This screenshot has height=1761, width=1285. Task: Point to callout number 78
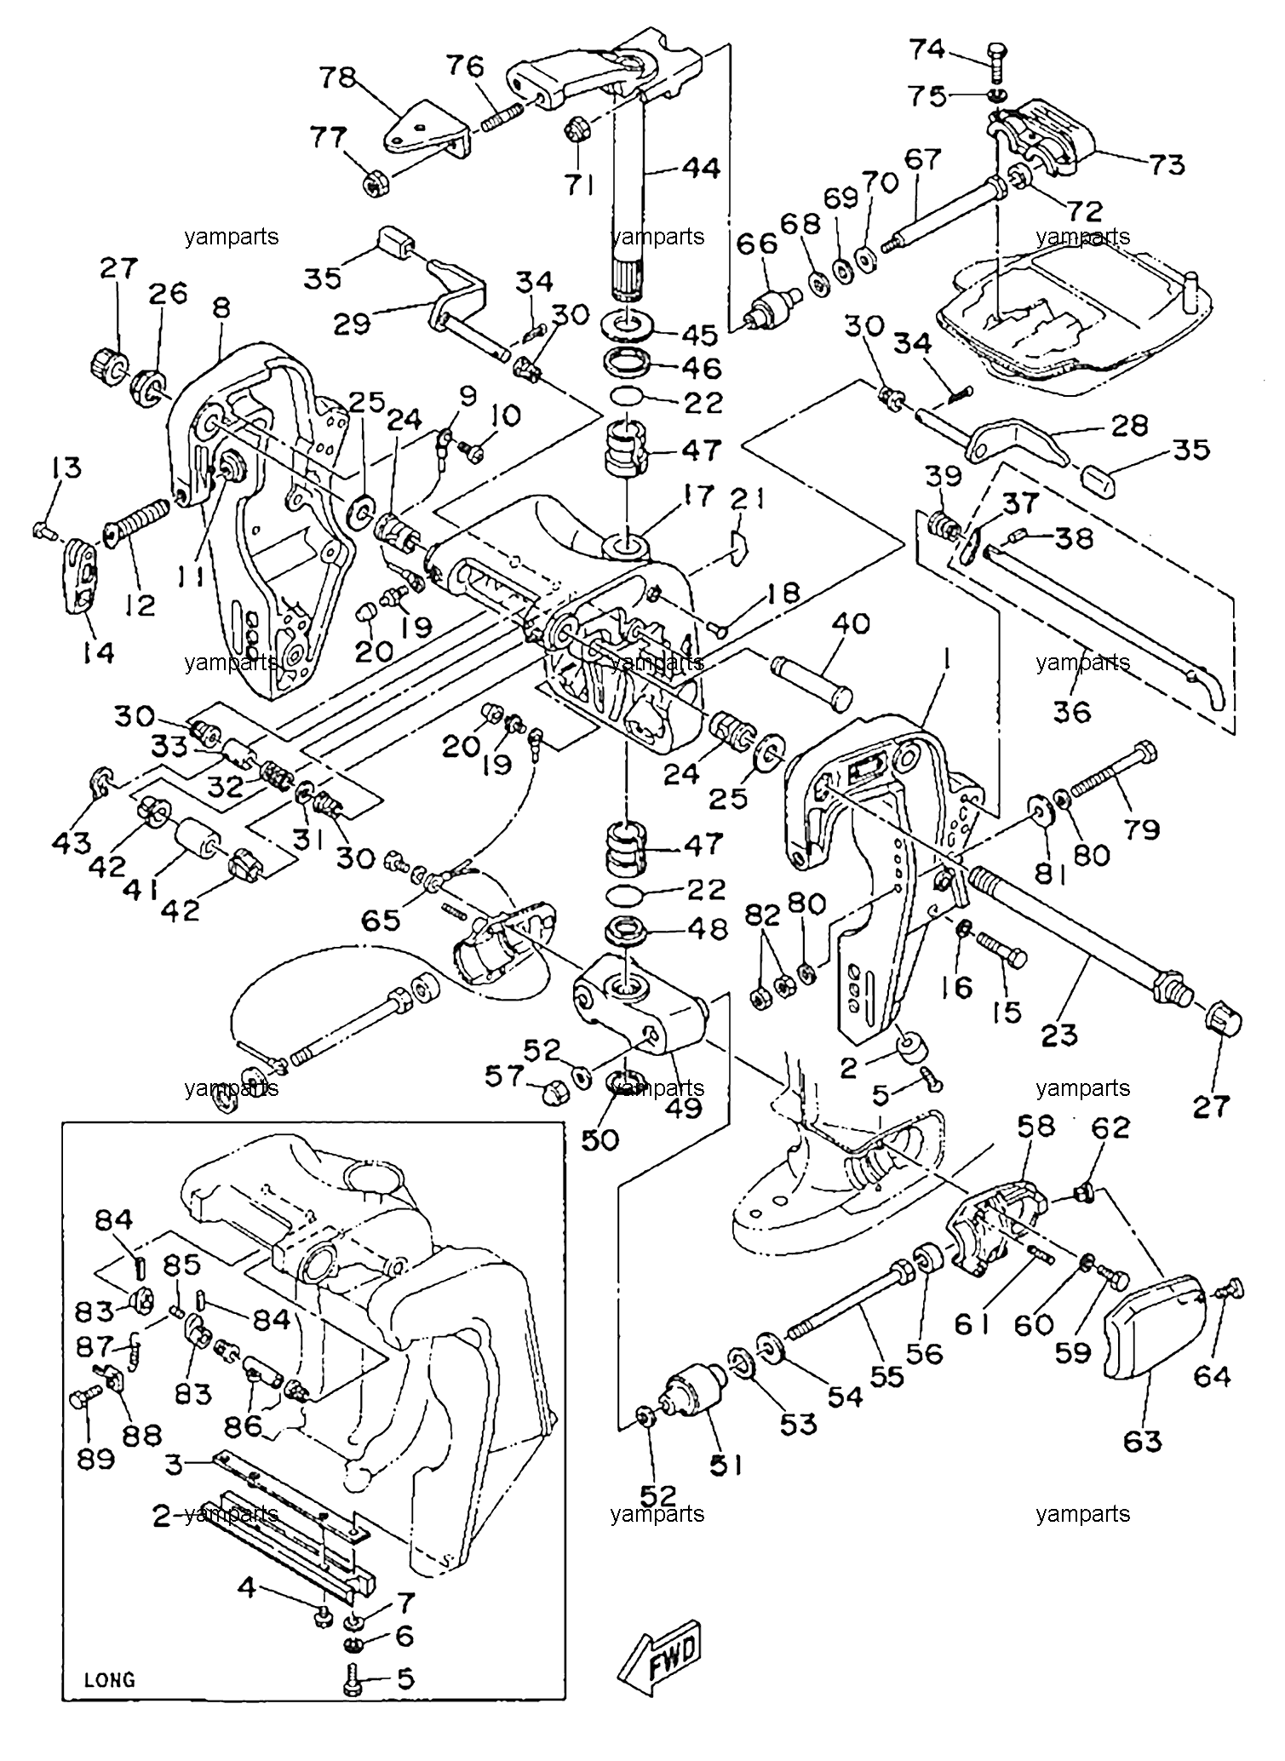pos(336,77)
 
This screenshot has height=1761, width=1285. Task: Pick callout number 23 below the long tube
pos(1058,1035)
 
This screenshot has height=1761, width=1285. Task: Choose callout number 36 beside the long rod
pos(1071,711)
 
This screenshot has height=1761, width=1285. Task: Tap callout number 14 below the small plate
pos(99,653)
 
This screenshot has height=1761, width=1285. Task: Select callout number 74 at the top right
pos(927,49)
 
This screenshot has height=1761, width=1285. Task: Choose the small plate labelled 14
pos(82,577)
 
